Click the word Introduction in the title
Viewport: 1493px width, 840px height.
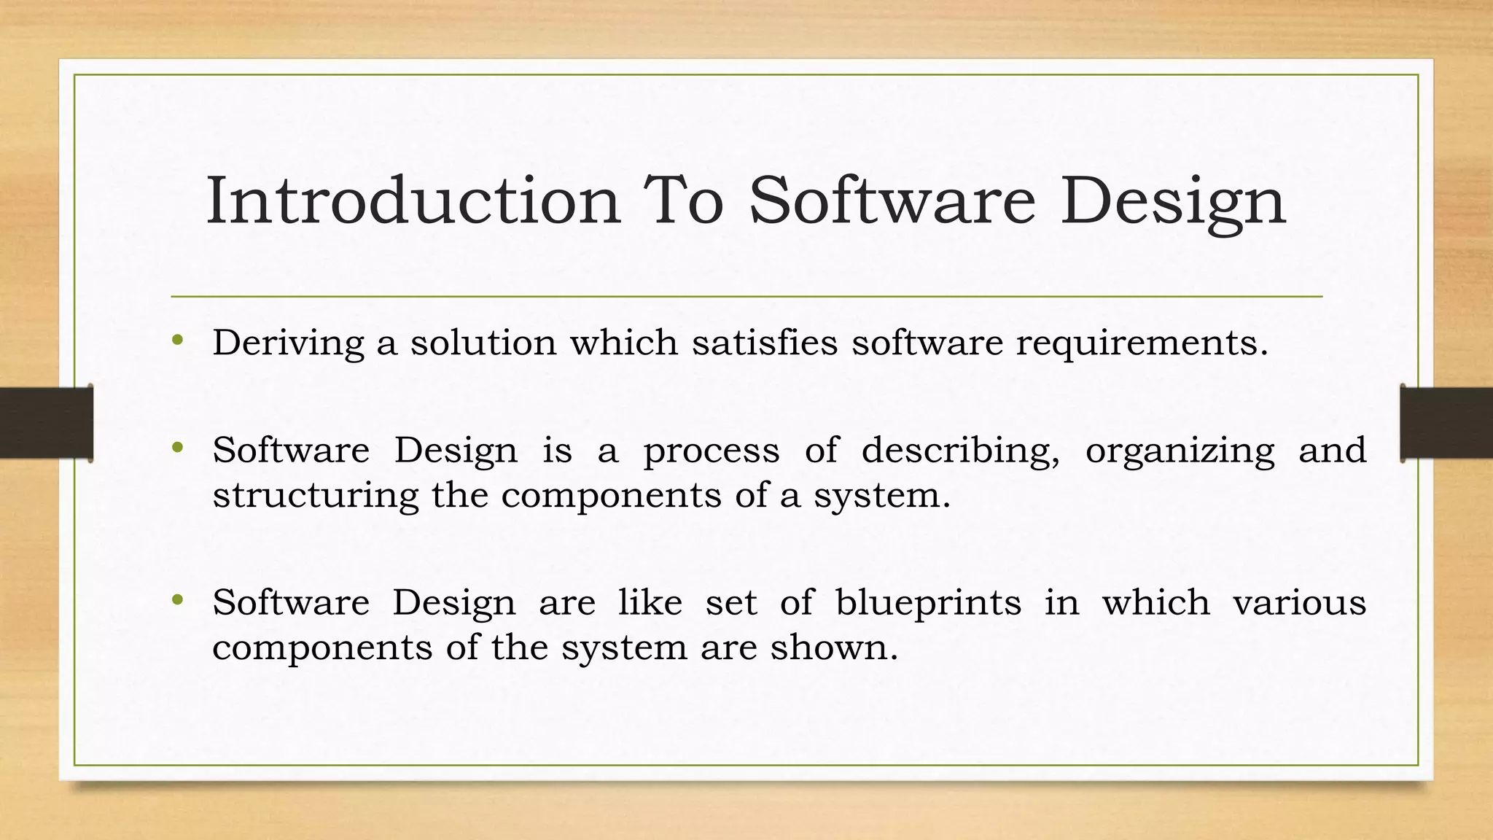(413, 201)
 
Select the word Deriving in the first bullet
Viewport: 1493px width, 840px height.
(288, 343)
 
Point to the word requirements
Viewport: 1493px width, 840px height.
(1142, 343)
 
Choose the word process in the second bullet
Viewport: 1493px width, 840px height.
(711, 451)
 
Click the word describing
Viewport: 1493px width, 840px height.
(961, 451)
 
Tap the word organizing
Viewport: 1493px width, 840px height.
(1180, 451)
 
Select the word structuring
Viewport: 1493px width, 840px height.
(315, 496)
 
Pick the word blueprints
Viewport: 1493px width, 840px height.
(928, 603)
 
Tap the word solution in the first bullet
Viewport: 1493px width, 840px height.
(483, 343)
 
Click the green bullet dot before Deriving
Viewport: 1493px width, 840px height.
(177, 340)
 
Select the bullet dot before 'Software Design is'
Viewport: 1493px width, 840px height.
(177, 447)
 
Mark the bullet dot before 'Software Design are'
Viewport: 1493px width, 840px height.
(177, 600)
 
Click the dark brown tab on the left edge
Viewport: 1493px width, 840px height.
(46, 423)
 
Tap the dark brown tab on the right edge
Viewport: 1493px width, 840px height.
(1446, 423)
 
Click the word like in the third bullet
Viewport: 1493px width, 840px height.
(650, 603)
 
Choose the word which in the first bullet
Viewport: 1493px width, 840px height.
(623, 343)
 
